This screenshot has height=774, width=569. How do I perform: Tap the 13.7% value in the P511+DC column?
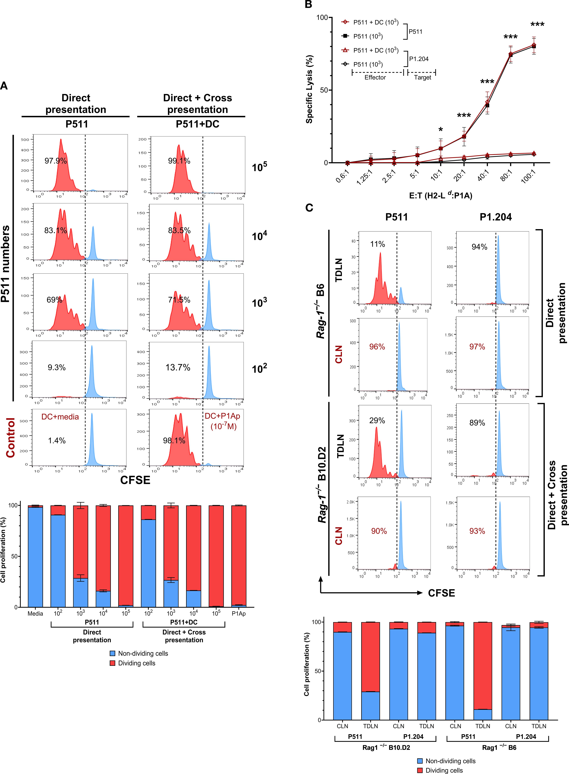point(178,368)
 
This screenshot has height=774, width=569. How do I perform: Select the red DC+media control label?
point(60,417)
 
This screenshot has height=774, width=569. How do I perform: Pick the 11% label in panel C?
point(378,244)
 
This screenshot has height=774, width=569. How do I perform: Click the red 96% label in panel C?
point(377,347)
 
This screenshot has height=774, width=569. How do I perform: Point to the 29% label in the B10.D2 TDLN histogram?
point(377,421)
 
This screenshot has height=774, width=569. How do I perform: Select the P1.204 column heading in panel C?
point(496,217)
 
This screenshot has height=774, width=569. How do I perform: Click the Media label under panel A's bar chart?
point(35,623)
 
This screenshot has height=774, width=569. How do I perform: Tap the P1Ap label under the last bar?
point(239,623)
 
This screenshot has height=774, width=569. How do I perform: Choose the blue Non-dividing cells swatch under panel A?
point(112,653)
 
